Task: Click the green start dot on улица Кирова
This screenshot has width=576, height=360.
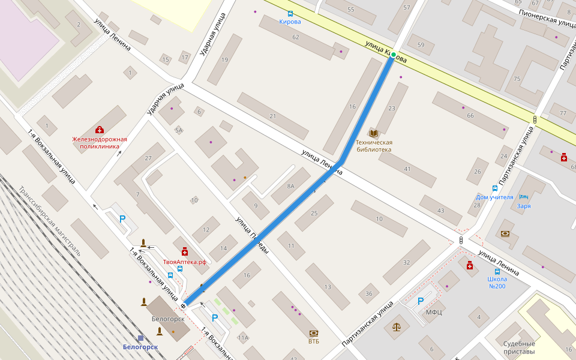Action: (393, 55)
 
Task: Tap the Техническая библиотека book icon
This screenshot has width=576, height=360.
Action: (374, 133)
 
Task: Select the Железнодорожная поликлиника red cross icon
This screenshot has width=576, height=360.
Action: (100, 130)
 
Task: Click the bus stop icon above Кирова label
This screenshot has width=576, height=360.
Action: (290, 13)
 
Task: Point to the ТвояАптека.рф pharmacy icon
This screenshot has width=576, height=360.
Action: (185, 251)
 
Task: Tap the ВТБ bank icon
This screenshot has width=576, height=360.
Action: (313, 333)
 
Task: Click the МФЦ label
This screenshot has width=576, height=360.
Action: (434, 312)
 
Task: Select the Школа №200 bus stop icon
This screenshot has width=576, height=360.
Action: (497, 271)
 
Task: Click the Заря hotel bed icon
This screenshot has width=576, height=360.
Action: (523, 197)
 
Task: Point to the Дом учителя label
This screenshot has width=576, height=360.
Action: (494, 197)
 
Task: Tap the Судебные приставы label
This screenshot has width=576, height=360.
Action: (519, 348)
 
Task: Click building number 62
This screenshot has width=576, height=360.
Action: (295, 37)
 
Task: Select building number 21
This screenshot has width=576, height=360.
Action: (272, 116)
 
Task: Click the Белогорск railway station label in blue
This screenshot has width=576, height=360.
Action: (140, 347)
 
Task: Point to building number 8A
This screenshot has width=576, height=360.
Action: (291, 186)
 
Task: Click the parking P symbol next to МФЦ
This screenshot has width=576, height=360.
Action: (420, 301)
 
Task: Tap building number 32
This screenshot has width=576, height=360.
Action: (406, 262)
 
